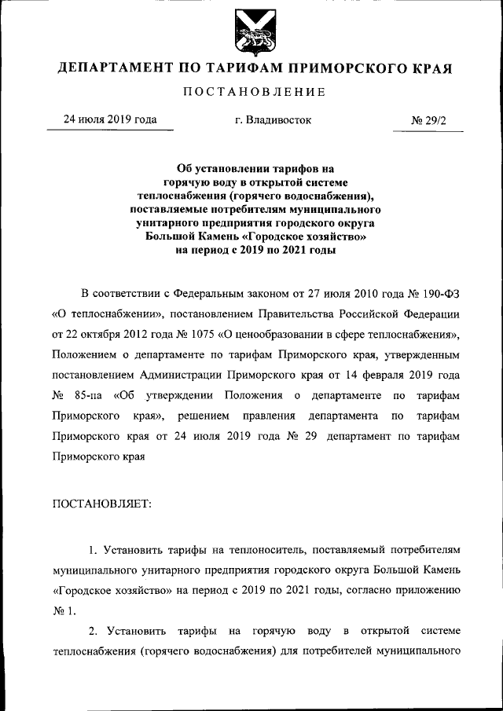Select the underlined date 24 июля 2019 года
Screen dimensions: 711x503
pyautogui.click(x=110, y=120)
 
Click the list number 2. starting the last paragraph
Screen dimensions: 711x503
pyautogui.click(x=93, y=631)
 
